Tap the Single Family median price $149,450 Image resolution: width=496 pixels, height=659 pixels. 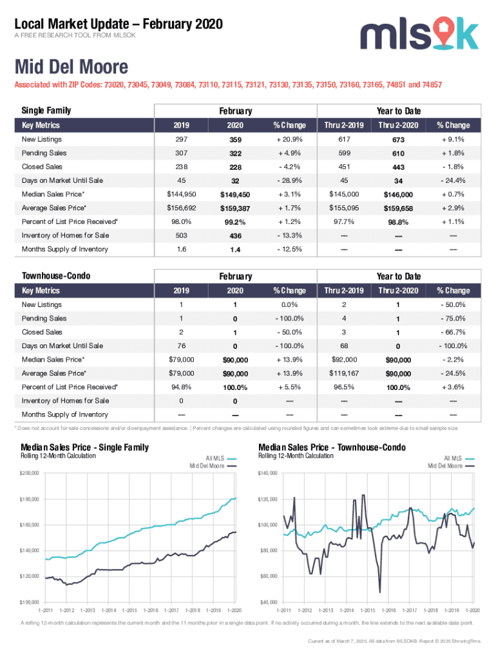234,194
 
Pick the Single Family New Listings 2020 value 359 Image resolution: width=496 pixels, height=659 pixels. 234,140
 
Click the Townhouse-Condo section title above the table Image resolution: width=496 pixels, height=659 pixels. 56,276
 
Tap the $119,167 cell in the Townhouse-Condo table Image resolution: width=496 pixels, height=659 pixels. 344,373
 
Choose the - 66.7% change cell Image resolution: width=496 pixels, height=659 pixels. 452,332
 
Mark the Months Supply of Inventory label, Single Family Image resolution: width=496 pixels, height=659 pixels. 65,249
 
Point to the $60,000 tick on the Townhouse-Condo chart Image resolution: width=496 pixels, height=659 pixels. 268,576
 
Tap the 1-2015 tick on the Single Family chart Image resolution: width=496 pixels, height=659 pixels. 129,609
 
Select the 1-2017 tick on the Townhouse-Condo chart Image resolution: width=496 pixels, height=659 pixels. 410,609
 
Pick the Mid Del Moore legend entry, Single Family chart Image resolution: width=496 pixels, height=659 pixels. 206,465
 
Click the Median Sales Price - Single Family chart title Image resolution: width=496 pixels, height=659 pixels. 84,447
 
